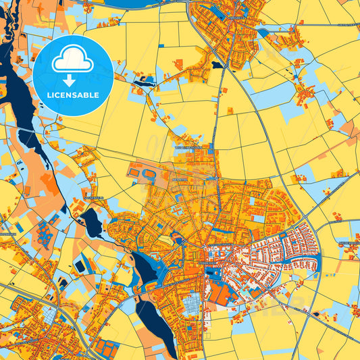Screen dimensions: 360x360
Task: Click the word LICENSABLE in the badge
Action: pos(72,95)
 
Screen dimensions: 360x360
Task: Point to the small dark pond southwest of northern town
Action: pos(216,66)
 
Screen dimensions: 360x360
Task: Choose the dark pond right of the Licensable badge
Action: pos(143,83)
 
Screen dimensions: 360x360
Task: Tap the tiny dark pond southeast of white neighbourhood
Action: pos(316,313)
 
